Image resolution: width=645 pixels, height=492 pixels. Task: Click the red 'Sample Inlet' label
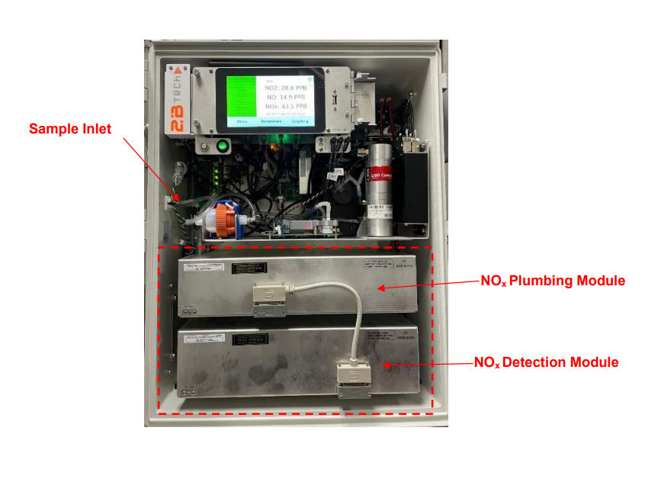[70, 129]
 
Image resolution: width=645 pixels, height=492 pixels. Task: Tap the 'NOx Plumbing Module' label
[552, 281]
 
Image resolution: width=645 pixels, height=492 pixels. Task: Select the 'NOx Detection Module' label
[546, 362]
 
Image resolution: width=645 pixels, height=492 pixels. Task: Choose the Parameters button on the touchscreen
[271, 122]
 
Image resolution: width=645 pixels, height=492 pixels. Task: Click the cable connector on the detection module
[354, 378]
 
